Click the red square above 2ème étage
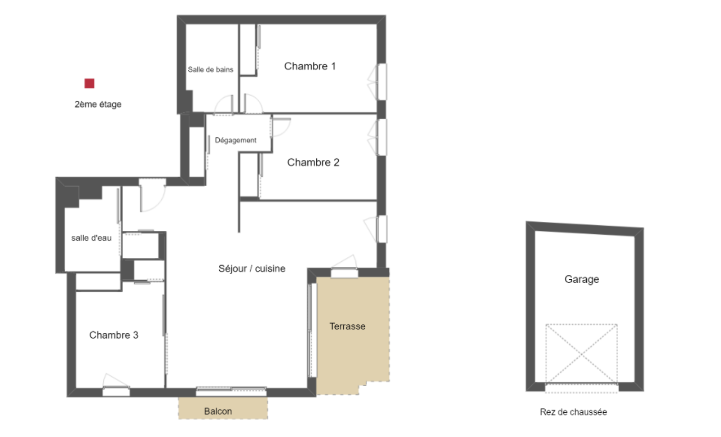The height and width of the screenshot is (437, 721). pos(89,83)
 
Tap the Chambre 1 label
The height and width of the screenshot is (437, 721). pos(310,66)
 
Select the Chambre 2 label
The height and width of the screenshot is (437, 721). pos(313,162)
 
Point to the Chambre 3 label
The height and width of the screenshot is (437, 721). pos(114,335)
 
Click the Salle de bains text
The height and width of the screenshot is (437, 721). pos(211,69)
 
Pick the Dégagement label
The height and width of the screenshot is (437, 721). pos(235,140)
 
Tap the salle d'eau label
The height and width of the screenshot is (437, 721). pos(91,238)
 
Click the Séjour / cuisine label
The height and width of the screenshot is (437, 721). pos(252,268)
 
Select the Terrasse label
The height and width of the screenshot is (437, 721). pos(348,326)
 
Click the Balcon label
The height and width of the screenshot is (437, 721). pos(218,411)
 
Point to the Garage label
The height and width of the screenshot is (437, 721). pos(582,279)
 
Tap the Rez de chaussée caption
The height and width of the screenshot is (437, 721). pos(574,412)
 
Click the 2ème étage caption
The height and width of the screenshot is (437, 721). pos(98,104)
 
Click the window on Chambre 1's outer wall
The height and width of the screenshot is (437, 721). pos(382,82)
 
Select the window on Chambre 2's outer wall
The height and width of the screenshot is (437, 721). pos(382,137)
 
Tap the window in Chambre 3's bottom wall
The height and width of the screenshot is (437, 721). pos(116,392)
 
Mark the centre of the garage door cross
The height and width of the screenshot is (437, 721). pos(582,354)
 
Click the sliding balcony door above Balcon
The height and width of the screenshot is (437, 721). pos(231,391)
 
